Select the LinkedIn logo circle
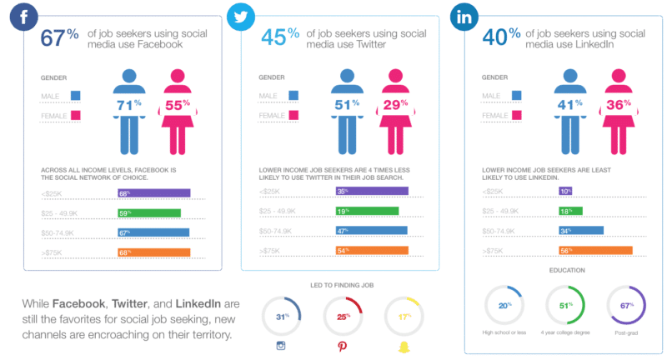(x=465, y=16)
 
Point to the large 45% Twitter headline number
(x=278, y=38)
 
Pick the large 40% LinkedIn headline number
(x=501, y=38)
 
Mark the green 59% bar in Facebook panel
(x=149, y=212)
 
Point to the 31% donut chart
(x=281, y=317)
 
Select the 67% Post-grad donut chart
(x=624, y=306)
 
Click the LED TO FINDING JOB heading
(x=342, y=286)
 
